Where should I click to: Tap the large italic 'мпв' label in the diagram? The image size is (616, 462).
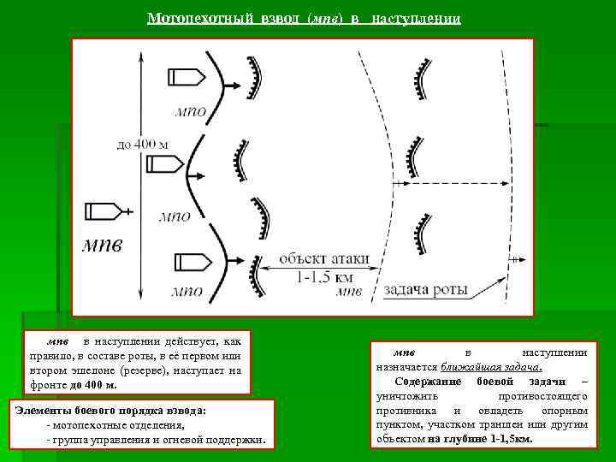102,246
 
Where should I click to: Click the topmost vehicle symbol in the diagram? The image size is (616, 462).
184,77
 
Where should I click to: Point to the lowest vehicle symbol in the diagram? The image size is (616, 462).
191,261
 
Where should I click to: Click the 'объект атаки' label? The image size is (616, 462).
325,258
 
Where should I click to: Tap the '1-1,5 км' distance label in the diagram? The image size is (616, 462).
325,277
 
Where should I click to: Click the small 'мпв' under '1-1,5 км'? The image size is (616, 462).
349,292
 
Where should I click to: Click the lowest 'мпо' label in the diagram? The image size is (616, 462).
187,291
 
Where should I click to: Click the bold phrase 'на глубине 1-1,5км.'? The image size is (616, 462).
479,438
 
